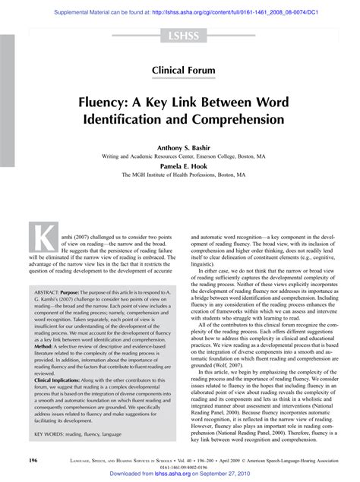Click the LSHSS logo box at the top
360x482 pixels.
(179, 35)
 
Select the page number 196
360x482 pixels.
(33, 460)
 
